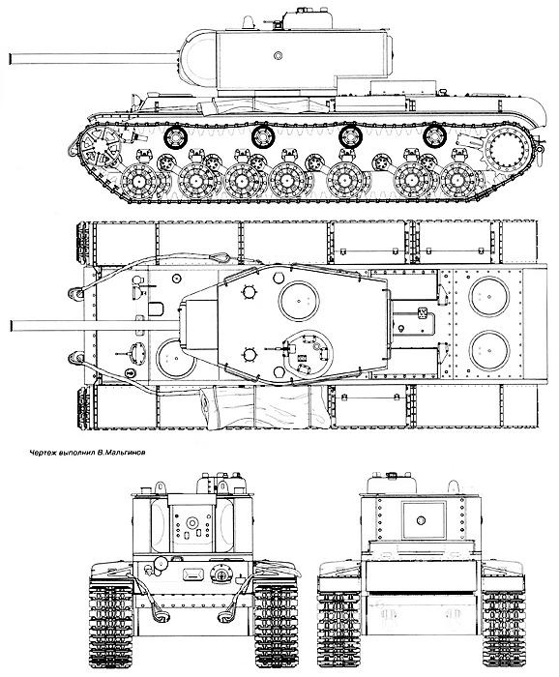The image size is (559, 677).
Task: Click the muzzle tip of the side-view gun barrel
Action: (10, 59)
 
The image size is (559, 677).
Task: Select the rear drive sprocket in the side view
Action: (509, 149)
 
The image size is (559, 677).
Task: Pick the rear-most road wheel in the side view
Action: (459, 181)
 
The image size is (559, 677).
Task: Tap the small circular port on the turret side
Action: (278, 55)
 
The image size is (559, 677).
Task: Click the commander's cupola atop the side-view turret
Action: (308, 19)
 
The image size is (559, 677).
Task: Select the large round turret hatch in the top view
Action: (299, 301)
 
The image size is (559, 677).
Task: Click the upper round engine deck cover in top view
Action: (489, 297)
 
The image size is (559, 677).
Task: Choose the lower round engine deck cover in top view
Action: (489, 350)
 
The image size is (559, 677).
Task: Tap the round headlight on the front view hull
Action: (161, 564)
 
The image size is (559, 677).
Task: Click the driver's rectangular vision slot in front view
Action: (193, 574)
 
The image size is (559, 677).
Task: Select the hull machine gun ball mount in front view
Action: (221, 574)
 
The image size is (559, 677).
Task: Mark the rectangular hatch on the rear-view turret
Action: (424, 520)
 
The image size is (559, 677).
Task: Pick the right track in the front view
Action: (277, 622)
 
